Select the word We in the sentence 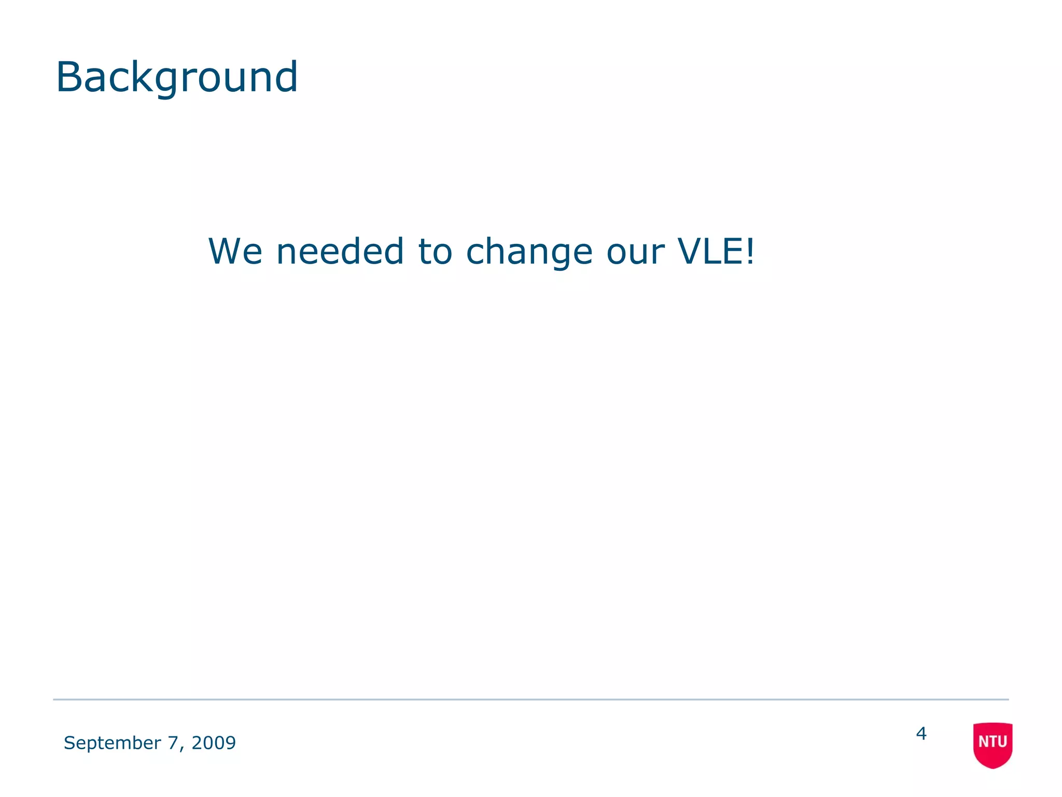[x=235, y=251]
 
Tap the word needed [x=340, y=251]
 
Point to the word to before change [x=435, y=251]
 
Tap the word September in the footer [x=112, y=743]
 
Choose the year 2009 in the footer [x=214, y=743]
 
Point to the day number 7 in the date [x=172, y=743]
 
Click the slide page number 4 [x=921, y=733]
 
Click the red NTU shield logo [x=993, y=745]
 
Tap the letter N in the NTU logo [x=983, y=741]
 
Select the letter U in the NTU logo [x=1002, y=741]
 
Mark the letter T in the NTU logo [x=992, y=741]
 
